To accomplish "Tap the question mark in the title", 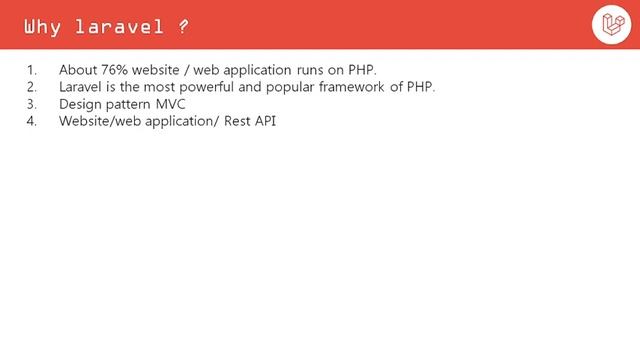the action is [184, 26].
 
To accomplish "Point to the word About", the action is [78, 70].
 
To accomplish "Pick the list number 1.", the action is [30, 70].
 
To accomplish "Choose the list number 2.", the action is [30, 87].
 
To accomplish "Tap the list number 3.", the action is [30, 104].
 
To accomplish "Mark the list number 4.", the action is [30, 121].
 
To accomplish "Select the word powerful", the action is [210, 87].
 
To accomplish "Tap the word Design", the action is [80, 104].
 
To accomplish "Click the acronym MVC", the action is [171, 104].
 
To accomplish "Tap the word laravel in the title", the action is [119, 26].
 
